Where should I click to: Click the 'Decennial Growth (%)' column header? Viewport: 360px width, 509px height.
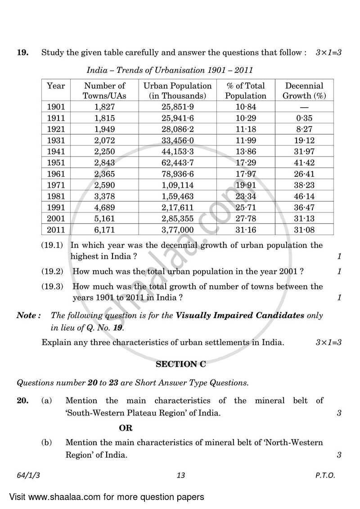[x=304, y=90]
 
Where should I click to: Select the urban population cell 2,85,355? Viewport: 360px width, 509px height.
[x=178, y=218]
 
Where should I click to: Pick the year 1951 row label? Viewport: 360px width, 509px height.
[x=56, y=151]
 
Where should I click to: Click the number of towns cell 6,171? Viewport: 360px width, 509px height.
[x=105, y=230]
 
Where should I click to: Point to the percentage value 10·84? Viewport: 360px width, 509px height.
[x=245, y=107]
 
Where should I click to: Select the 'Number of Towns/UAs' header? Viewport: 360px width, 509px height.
[x=105, y=90]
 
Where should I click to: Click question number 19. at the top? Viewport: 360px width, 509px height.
[x=23, y=53]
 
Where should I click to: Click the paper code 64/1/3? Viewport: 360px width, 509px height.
[x=27, y=475]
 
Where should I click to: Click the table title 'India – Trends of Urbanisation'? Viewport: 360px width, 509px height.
[x=170, y=70]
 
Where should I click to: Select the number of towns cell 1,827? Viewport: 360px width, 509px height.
[x=105, y=107]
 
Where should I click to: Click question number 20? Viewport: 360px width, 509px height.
[x=23, y=400]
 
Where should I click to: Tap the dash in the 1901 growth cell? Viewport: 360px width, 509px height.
[x=304, y=107]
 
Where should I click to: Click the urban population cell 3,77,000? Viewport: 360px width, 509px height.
[x=178, y=230]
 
